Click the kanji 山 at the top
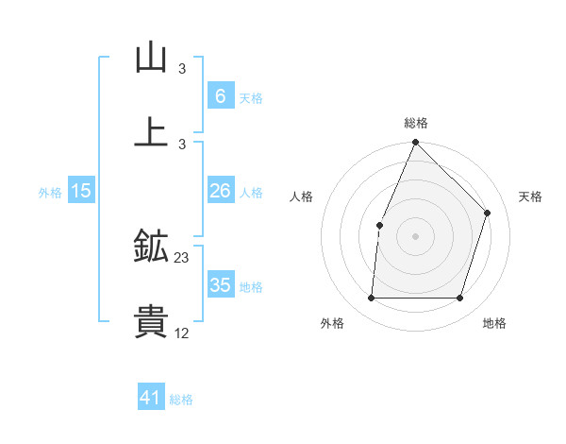151,59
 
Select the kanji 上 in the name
151,132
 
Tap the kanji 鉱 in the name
151,248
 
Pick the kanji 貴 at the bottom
151,322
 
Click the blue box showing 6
220,95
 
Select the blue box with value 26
220,191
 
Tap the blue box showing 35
220,285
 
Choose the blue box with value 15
81,191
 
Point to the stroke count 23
182,258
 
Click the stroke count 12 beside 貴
182,333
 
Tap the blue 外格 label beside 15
50,192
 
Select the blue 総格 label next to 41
181,400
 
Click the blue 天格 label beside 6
251,97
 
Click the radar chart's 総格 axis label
415,123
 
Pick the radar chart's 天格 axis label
530,196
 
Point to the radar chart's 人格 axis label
301,196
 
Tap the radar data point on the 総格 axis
415,143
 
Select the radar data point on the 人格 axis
379,225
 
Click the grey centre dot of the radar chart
415,236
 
